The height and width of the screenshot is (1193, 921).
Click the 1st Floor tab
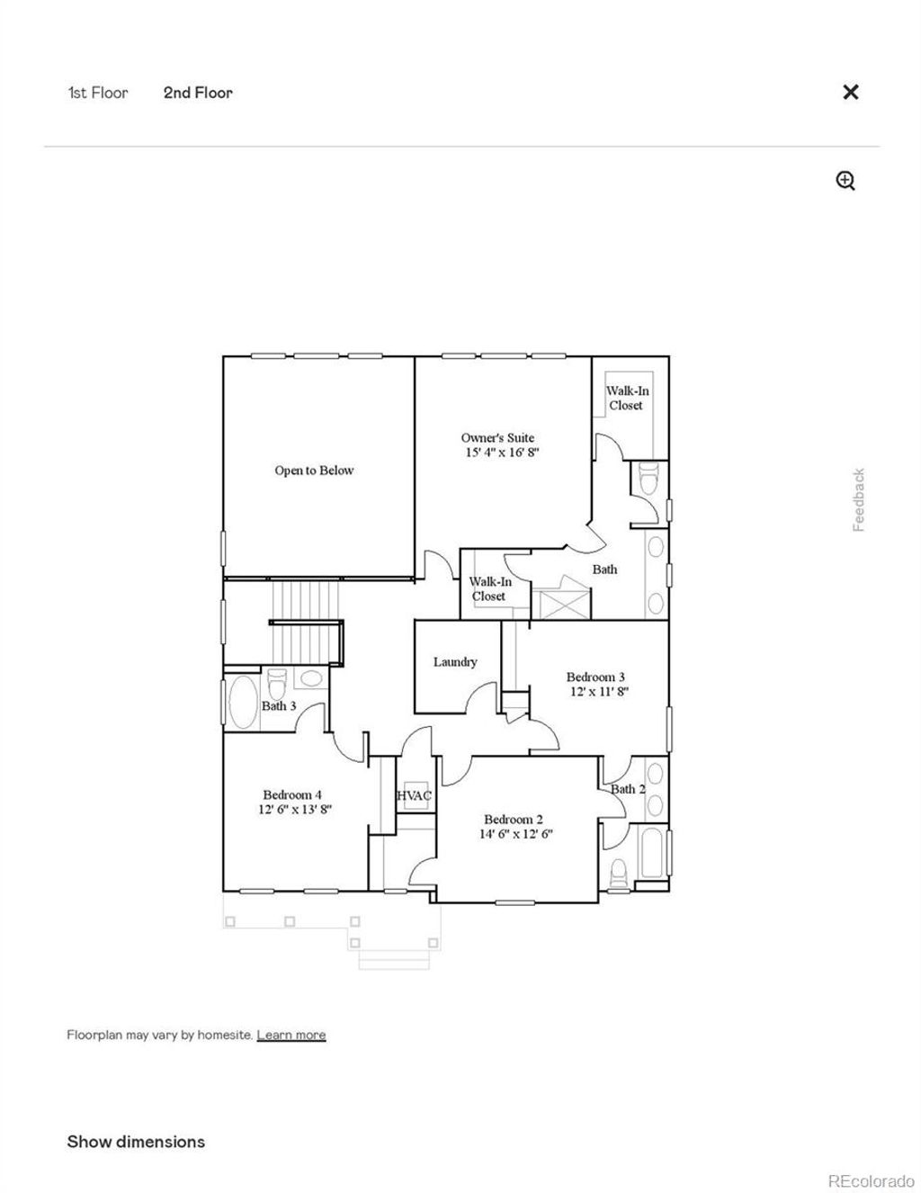(98, 93)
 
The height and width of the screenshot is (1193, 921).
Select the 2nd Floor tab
(198, 93)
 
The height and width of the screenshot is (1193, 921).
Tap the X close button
(850, 92)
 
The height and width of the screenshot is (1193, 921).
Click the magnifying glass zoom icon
(845, 181)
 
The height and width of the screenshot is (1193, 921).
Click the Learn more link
(291, 1035)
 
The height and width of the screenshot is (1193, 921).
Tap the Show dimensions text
(136, 1142)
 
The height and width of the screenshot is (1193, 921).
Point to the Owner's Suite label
(497, 438)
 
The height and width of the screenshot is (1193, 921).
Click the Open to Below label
(314, 471)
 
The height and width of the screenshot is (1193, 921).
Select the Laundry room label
(455, 662)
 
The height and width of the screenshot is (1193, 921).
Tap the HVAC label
(415, 795)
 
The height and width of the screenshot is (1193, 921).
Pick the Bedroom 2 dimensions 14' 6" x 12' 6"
(515, 833)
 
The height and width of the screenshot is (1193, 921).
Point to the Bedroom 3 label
(595, 677)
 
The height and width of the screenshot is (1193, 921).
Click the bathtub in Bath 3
(243, 703)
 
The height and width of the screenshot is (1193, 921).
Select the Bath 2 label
(628, 789)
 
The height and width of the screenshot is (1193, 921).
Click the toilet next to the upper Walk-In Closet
(648, 480)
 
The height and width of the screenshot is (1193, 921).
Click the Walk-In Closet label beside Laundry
(489, 589)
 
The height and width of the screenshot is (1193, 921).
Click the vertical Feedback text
(859, 499)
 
